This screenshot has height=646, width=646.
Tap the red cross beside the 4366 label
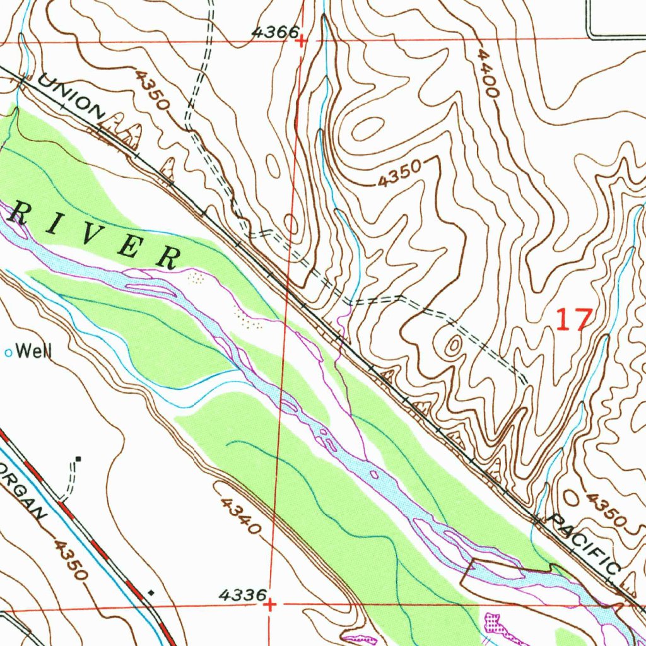coord(302,41)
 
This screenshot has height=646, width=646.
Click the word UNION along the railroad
coord(71,97)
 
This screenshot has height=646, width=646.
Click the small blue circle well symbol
coord(9,353)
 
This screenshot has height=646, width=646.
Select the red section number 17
coord(574,320)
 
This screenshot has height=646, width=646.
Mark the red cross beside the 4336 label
coord(270,605)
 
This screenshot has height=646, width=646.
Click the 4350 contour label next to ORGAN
coord(70,559)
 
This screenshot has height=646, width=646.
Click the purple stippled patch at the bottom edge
coord(498,625)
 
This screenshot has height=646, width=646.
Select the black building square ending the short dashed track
coord(78,459)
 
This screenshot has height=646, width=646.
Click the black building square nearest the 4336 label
coord(151,592)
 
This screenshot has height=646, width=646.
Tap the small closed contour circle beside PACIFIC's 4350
coord(571,496)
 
